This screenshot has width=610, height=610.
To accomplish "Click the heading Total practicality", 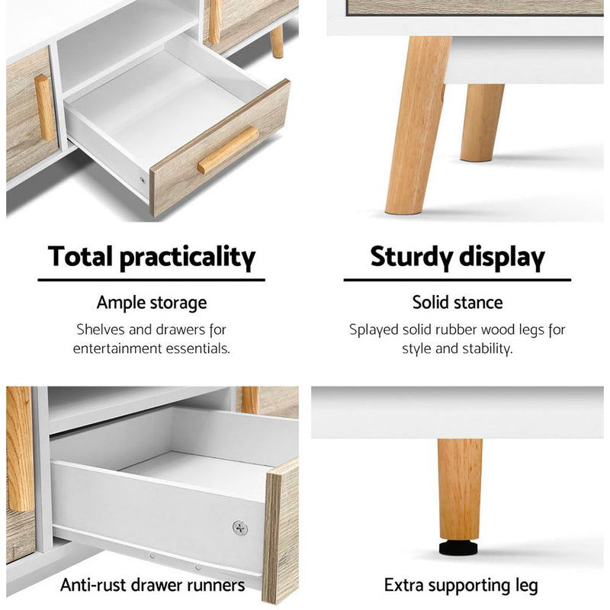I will click(x=152, y=257).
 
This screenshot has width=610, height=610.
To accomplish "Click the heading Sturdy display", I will click(x=457, y=257).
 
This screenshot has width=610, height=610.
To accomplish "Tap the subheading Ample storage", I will click(x=152, y=303).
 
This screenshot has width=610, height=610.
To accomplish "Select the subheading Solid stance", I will click(x=457, y=302).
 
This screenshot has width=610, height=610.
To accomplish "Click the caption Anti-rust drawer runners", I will click(x=152, y=585).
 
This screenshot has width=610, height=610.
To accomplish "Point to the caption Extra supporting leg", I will click(x=461, y=586).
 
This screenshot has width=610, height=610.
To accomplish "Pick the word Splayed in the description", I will click(x=374, y=330).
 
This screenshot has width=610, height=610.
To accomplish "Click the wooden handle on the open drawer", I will click(x=228, y=150).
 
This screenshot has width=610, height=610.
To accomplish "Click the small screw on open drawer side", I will click(x=143, y=181).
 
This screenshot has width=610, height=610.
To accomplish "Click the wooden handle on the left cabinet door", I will click(x=44, y=107).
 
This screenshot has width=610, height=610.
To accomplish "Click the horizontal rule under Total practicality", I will click(x=152, y=280).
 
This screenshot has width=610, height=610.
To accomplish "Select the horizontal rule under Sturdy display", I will click(x=457, y=280).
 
